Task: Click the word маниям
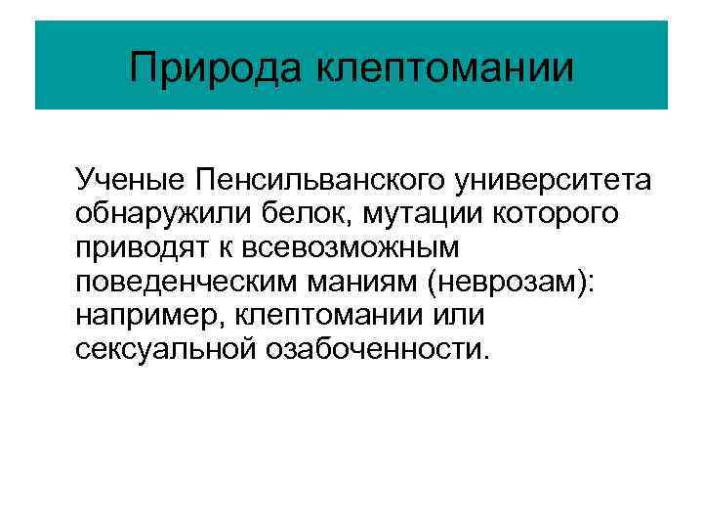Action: pos(361,282)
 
